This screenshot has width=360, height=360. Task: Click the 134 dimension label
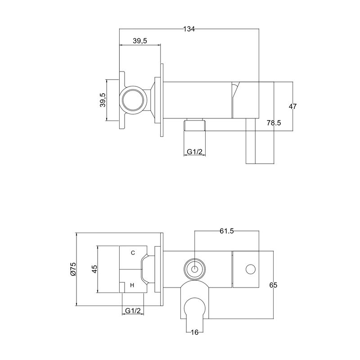189,29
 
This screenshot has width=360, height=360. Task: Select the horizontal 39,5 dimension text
140,41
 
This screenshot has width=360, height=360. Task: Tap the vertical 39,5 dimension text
103,100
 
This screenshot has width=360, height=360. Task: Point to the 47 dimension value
292,106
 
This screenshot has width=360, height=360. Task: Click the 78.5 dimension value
274,123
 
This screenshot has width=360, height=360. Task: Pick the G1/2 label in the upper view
194,152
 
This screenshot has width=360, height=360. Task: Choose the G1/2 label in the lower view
133,310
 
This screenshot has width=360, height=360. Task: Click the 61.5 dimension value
227,231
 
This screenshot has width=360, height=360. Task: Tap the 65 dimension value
273,285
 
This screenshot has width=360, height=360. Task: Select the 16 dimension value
194,332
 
